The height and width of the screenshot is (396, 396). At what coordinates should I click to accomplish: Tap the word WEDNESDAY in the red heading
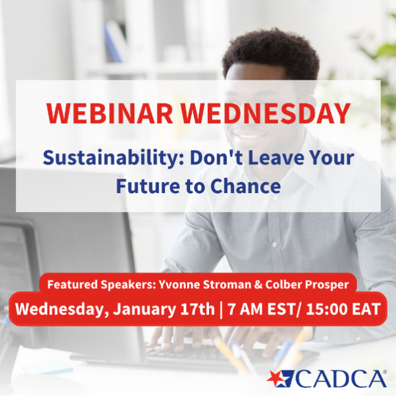[267, 113]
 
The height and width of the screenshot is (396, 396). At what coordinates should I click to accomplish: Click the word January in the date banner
[141, 308]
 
